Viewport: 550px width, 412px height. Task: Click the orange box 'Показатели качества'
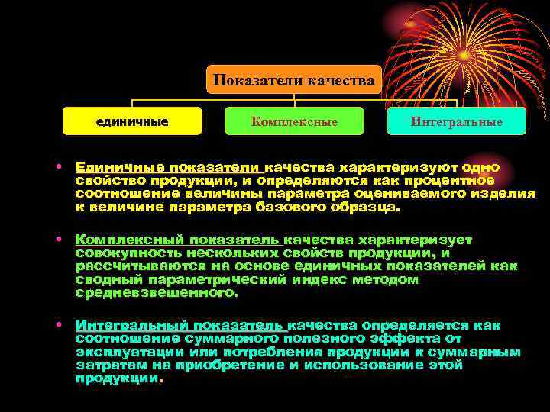(294, 80)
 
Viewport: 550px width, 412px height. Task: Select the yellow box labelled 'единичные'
(132, 121)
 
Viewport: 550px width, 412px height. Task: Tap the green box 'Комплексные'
(294, 121)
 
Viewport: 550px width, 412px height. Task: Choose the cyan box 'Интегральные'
(457, 121)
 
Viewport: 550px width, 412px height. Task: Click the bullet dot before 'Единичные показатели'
(58, 166)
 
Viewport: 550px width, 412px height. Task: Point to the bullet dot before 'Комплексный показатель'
(58, 240)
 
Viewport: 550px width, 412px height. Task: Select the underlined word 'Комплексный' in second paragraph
(131, 240)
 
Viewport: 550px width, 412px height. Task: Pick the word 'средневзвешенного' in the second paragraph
(156, 292)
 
